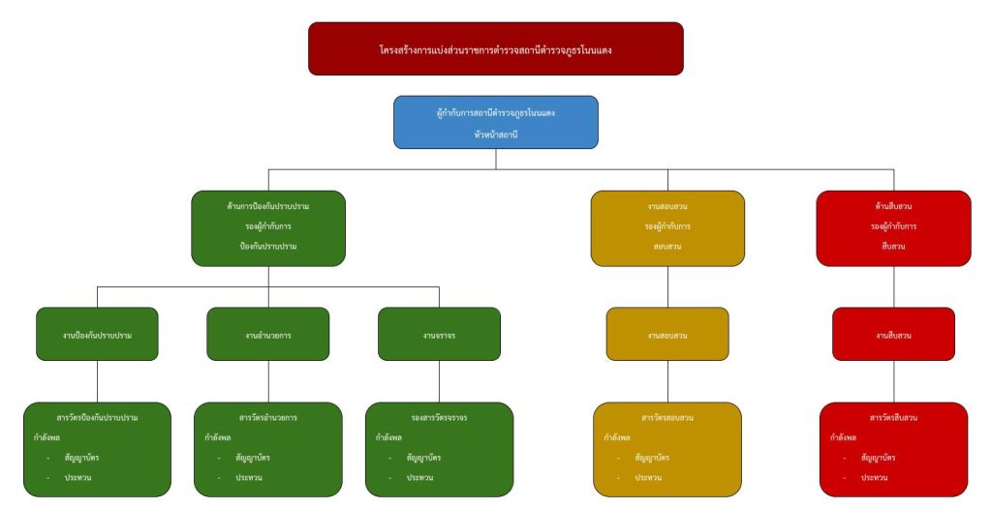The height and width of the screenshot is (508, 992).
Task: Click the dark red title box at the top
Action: coord(495,48)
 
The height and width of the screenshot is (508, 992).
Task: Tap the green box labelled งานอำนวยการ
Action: coord(268,335)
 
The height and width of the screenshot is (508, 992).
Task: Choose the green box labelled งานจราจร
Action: coord(439,335)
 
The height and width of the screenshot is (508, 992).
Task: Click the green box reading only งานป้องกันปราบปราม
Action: coord(97,335)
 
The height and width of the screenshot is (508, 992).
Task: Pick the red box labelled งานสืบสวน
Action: coord(893,335)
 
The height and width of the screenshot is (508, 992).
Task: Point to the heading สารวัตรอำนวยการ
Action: coord(268,418)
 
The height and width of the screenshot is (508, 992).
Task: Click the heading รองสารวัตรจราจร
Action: coord(439,418)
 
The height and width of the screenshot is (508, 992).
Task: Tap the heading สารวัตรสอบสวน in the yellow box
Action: coord(667,418)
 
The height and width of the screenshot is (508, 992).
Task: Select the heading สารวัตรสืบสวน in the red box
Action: coord(893,418)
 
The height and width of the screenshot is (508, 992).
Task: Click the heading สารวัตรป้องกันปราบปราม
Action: coord(97,418)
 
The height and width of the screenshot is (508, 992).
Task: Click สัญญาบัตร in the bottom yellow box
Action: coord(652,458)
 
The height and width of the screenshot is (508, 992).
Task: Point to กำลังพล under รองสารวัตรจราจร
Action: coord(388,437)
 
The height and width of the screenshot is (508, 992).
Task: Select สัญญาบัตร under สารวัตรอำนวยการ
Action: coord(252,458)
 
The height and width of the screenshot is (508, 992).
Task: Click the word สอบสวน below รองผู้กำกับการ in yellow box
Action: coord(667,247)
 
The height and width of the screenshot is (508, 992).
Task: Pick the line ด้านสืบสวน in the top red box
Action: coord(893,206)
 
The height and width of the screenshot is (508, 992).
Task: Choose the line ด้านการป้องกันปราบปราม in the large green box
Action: coord(268,206)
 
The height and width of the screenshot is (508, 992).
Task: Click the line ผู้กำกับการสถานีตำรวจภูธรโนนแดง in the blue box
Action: coord(495,113)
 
